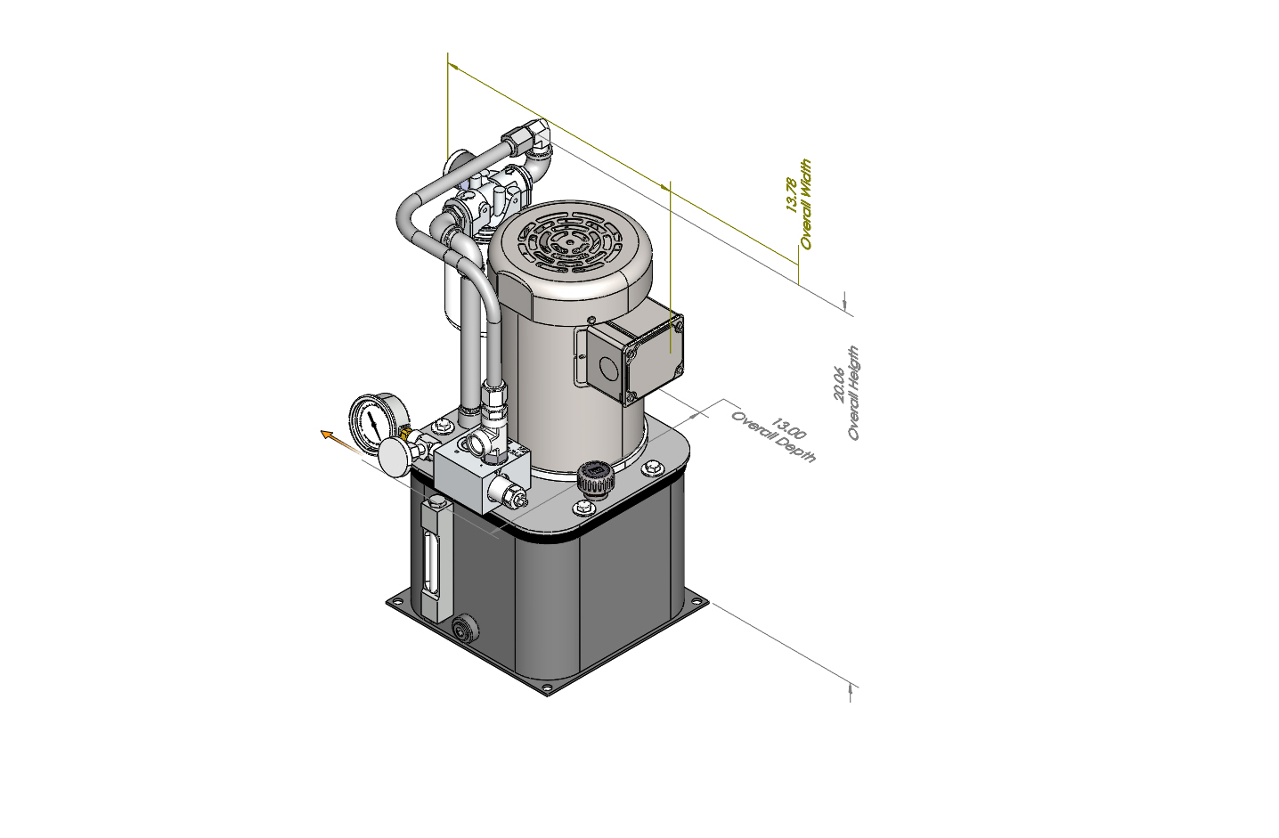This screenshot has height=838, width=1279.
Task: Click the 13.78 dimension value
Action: click(792, 195)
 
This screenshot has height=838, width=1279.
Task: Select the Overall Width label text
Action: click(805, 204)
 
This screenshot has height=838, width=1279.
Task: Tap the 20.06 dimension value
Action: click(839, 384)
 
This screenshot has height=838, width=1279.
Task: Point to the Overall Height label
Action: click(853, 394)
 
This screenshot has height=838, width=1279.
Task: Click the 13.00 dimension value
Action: click(788, 430)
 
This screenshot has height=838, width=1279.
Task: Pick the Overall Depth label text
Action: click(774, 437)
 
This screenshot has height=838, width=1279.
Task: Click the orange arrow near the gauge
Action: click(340, 443)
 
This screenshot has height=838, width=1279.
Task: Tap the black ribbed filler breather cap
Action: click(596, 479)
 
